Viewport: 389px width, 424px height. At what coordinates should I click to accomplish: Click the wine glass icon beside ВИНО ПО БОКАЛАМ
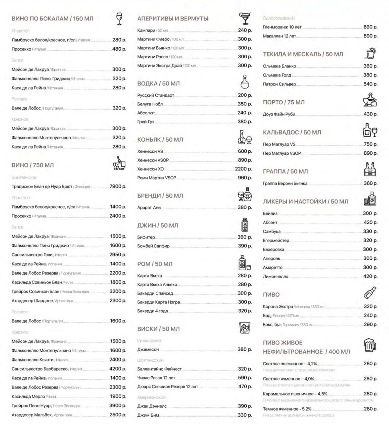119,19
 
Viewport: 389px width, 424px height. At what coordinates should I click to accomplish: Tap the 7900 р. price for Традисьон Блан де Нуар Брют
118,187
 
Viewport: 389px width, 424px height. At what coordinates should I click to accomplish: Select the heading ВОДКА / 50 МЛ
158,84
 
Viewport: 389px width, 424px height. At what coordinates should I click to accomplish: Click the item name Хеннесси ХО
150,169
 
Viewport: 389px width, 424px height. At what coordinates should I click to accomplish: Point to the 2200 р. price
243,169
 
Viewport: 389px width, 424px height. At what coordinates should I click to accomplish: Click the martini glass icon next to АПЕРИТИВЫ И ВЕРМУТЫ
245,18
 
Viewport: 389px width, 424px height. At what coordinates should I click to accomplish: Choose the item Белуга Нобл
150,104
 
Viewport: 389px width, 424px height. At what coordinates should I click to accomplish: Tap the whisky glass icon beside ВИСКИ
245,328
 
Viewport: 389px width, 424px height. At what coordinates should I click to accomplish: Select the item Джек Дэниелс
152,406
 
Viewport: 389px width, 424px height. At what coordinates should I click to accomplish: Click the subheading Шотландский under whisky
150,360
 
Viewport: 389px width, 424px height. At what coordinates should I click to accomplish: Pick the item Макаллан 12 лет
279,36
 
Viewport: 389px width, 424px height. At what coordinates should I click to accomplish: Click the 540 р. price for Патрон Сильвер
370,84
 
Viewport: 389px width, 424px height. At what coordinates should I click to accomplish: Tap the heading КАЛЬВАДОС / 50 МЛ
292,132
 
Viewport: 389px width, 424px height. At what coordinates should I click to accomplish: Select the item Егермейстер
276,241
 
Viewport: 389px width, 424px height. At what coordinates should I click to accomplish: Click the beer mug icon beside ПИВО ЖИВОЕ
370,345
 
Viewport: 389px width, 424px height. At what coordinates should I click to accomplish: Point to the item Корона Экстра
278,307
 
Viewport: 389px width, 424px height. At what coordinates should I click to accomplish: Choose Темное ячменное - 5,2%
287,409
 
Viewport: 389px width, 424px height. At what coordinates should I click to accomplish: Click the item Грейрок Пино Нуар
31,406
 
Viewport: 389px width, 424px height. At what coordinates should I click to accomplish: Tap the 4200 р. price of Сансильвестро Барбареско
118,369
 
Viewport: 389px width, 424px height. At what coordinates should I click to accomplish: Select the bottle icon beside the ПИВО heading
370,293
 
